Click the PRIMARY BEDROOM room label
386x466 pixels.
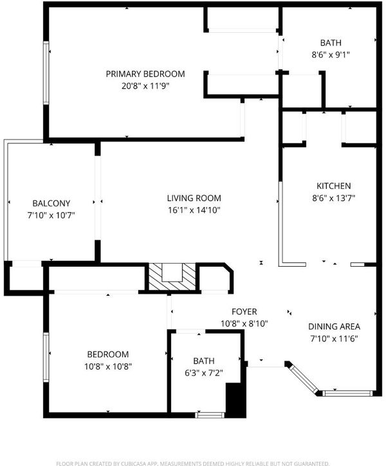pos(145,74)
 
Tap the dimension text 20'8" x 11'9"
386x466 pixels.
pos(145,86)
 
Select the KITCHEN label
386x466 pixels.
pos(333,186)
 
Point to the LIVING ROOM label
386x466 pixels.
pos(194,198)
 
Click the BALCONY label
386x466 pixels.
pos(51,203)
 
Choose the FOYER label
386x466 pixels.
pos(244,312)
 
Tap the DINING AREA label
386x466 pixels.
pos(334,327)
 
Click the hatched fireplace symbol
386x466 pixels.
pos(172,277)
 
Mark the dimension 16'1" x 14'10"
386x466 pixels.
pos(194,210)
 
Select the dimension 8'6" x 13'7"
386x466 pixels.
pos(334,198)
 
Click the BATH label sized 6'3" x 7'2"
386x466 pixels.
pos(204,361)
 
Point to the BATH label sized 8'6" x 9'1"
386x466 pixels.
pos(331,43)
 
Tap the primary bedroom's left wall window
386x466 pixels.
pos(46,73)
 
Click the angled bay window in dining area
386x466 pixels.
pos(304,379)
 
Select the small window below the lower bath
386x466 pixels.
pos(210,415)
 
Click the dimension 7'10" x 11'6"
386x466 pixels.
pos(334,339)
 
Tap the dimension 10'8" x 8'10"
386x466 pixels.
pos(244,324)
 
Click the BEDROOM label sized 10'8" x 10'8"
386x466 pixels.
pos(108,354)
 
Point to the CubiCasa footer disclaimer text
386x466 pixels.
pos(193,463)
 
